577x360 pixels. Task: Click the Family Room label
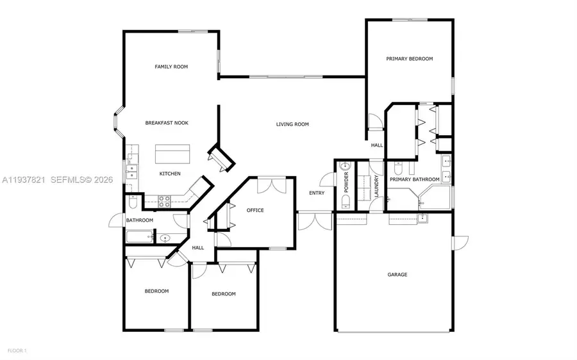(x=171, y=67)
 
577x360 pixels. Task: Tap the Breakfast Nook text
(x=166, y=123)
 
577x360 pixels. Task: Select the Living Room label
(x=292, y=124)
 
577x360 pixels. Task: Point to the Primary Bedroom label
(x=409, y=59)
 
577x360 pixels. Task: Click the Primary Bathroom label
(x=415, y=179)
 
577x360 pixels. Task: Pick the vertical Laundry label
(x=377, y=186)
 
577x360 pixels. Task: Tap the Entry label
(x=316, y=193)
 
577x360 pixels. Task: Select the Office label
(x=255, y=210)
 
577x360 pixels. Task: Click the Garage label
(x=397, y=275)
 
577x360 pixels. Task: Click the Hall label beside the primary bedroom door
(x=377, y=145)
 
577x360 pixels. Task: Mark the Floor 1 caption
(x=17, y=350)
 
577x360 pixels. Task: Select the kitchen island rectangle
(x=173, y=154)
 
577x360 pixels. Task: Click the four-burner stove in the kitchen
(x=163, y=199)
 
